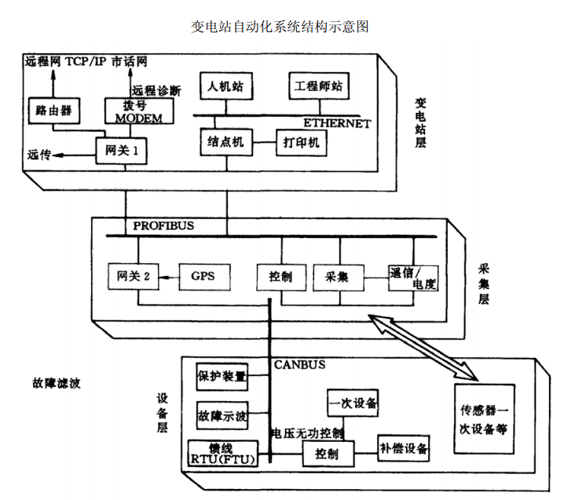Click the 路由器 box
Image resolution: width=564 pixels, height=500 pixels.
pos(53,111)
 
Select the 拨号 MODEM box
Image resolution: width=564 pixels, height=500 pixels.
pos(138,111)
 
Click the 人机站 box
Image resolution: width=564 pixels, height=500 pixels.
pos(225,86)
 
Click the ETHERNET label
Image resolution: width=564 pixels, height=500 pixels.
pos(337,123)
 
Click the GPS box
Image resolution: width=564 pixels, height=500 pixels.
pos(202,276)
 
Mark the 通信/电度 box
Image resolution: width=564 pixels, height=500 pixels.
pos(412,279)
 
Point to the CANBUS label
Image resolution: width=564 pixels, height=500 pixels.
pos(299,365)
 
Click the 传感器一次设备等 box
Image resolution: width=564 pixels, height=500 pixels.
pos(484,419)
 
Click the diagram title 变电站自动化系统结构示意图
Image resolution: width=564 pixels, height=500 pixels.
pos(280,27)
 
